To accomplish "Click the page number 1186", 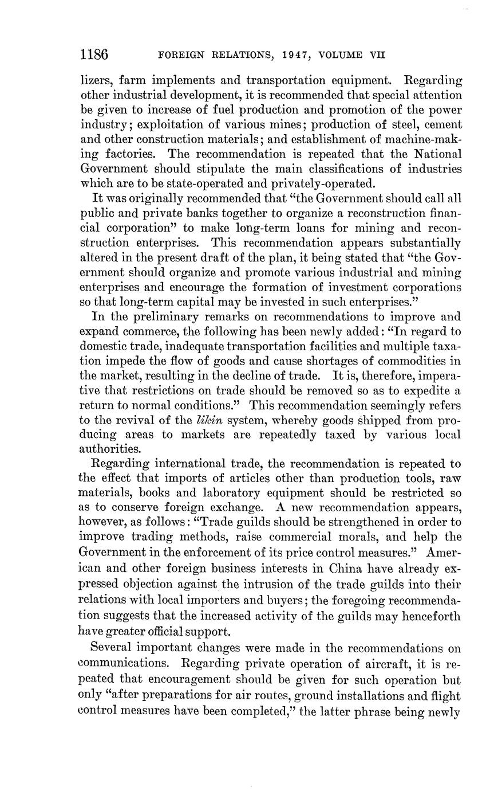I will (x=94, y=54).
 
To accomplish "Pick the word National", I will (x=433, y=154).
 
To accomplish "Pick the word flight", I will (x=448, y=696).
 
